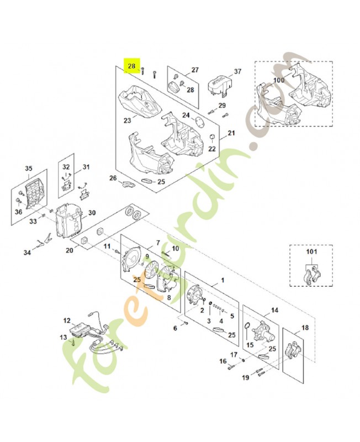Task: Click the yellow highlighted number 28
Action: point(132,66)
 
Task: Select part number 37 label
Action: point(223,72)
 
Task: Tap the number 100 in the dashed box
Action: point(279,81)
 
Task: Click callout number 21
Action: point(231,133)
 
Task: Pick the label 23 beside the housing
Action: point(127,120)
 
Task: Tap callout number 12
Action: point(67,320)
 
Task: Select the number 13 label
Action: point(63,336)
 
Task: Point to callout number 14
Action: point(274,311)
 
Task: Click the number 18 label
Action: point(305,328)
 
